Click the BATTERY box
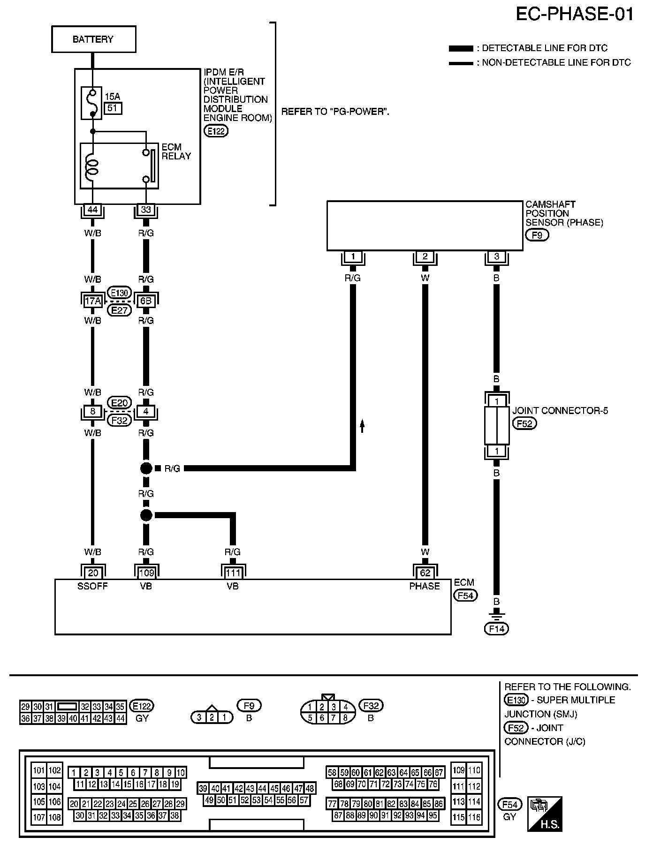pyautogui.click(x=93, y=39)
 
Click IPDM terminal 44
pyautogui.click(x=92, y=210)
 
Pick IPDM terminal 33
pyautogui.click(x=146, y=210)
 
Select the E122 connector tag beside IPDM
pyautogui.click(x=216, y=131)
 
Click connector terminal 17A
pyautogui.click(x=92, y=301)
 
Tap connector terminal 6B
pyautogui.click(x=146, y=301)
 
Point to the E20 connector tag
pyautogui.click(x=119, y=403)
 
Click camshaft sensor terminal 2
pyautogui.click(x=425, y=257)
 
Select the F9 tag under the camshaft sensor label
pyautogui.click(x=537, y=235)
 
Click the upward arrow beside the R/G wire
pyautogui.click(x=362, y=426)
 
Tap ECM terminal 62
pyautogui.click(x=425, y=573)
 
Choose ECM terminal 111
pyautogui.click(x=233, y=573)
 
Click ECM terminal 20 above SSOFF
pyautogui.click(x=93, y=573)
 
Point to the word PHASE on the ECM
pyautogui.click(x=425, y=586)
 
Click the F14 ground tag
pyautogui.click(x=496, y=628)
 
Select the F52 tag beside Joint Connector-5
pyautogui.click(x=524, y=423)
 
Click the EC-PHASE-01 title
pyautogui.click(x=574, y=14)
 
